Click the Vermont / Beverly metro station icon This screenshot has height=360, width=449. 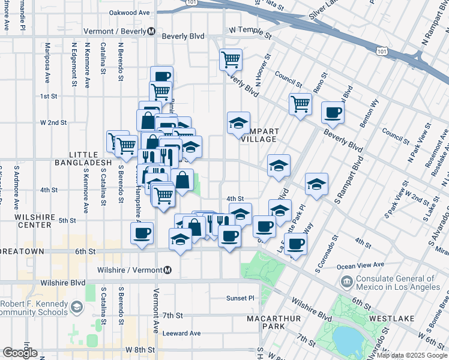151,31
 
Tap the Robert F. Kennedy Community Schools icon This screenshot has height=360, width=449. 76,307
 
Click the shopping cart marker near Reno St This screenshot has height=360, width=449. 300,103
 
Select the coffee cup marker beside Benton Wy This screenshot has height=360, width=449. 333,112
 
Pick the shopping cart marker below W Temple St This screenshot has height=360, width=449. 231,59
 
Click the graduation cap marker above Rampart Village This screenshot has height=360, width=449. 238,122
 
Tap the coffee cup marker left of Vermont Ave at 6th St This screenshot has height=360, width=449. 142,232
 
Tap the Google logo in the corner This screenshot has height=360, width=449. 20,353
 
